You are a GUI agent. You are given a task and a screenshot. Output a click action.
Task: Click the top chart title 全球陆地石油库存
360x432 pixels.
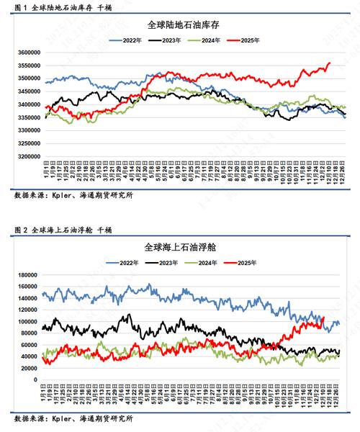[x=181, y=24]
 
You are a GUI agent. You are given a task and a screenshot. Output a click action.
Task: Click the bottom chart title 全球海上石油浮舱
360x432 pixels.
[x=181, y=246]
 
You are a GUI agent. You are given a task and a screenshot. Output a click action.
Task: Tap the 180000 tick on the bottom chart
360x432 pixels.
[x=30, y=275]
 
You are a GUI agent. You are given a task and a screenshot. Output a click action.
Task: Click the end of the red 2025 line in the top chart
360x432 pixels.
[x=330, y=63]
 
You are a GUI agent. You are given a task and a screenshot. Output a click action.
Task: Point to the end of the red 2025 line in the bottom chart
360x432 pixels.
[x=323, y=318]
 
